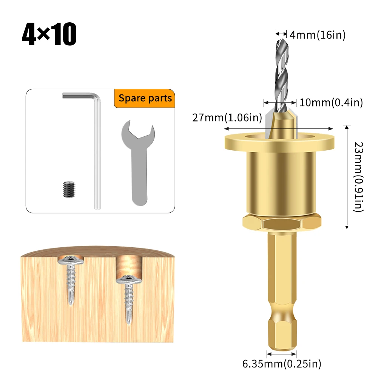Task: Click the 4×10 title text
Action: (x=49, y=35)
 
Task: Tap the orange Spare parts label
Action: (x=145, y=99)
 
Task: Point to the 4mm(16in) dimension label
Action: (x=317, y=35)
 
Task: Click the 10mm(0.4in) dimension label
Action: (x=331, y=102)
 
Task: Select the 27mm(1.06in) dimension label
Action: (x=227, y=118)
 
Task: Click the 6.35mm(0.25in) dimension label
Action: (x=281, y=364)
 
